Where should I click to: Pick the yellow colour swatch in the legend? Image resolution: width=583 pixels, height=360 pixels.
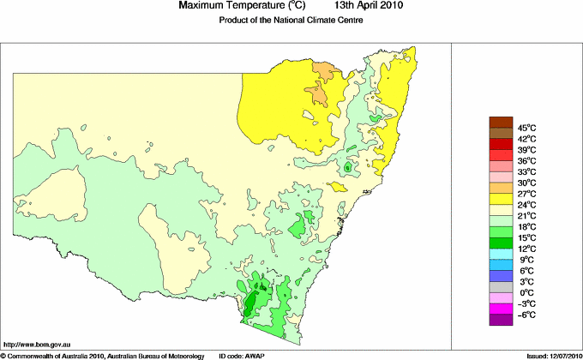[500, 200]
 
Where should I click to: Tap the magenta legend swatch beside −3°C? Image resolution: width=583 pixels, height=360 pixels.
[500, 309]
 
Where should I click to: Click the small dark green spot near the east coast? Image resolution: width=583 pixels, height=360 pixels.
[346, 170]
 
